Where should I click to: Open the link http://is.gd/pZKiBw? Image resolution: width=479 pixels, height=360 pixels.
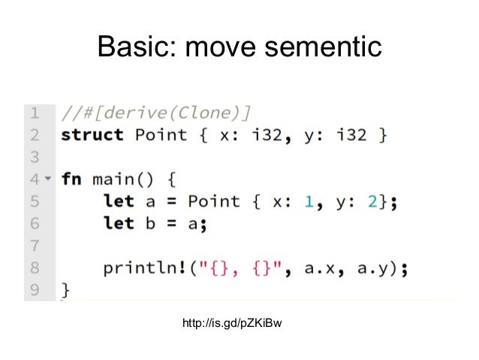[x=233, y=325]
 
